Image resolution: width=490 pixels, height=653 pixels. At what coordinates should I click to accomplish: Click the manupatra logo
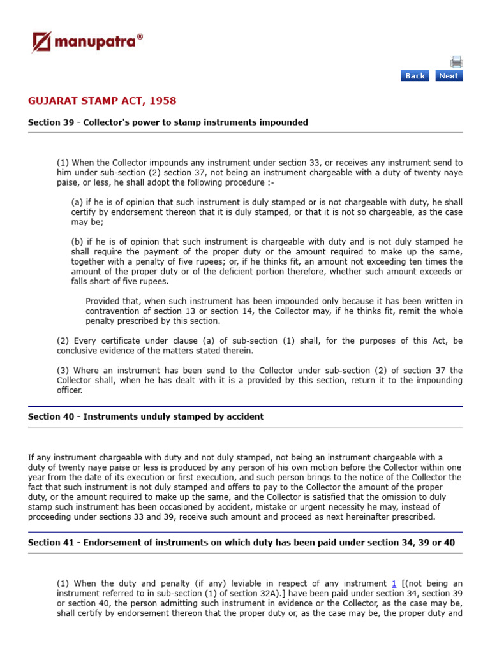(87, 43)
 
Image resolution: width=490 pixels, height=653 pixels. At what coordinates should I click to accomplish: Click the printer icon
(456, 62)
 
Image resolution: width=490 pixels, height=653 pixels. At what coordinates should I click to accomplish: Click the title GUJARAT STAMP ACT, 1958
(102, 101)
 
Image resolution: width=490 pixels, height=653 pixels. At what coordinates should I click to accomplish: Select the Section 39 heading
(168, 122)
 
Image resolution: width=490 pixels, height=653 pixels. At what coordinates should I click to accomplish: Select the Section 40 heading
(145, 416)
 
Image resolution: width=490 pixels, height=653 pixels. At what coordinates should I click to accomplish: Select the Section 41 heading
(241, 542)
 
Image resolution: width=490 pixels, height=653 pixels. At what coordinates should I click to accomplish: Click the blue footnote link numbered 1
(394, 583)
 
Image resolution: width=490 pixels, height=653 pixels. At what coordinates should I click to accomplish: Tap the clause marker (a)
(77, 202)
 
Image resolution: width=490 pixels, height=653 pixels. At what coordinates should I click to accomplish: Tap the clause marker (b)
(77, 242)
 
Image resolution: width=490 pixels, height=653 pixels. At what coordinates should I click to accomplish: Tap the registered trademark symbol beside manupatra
(140, 38)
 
